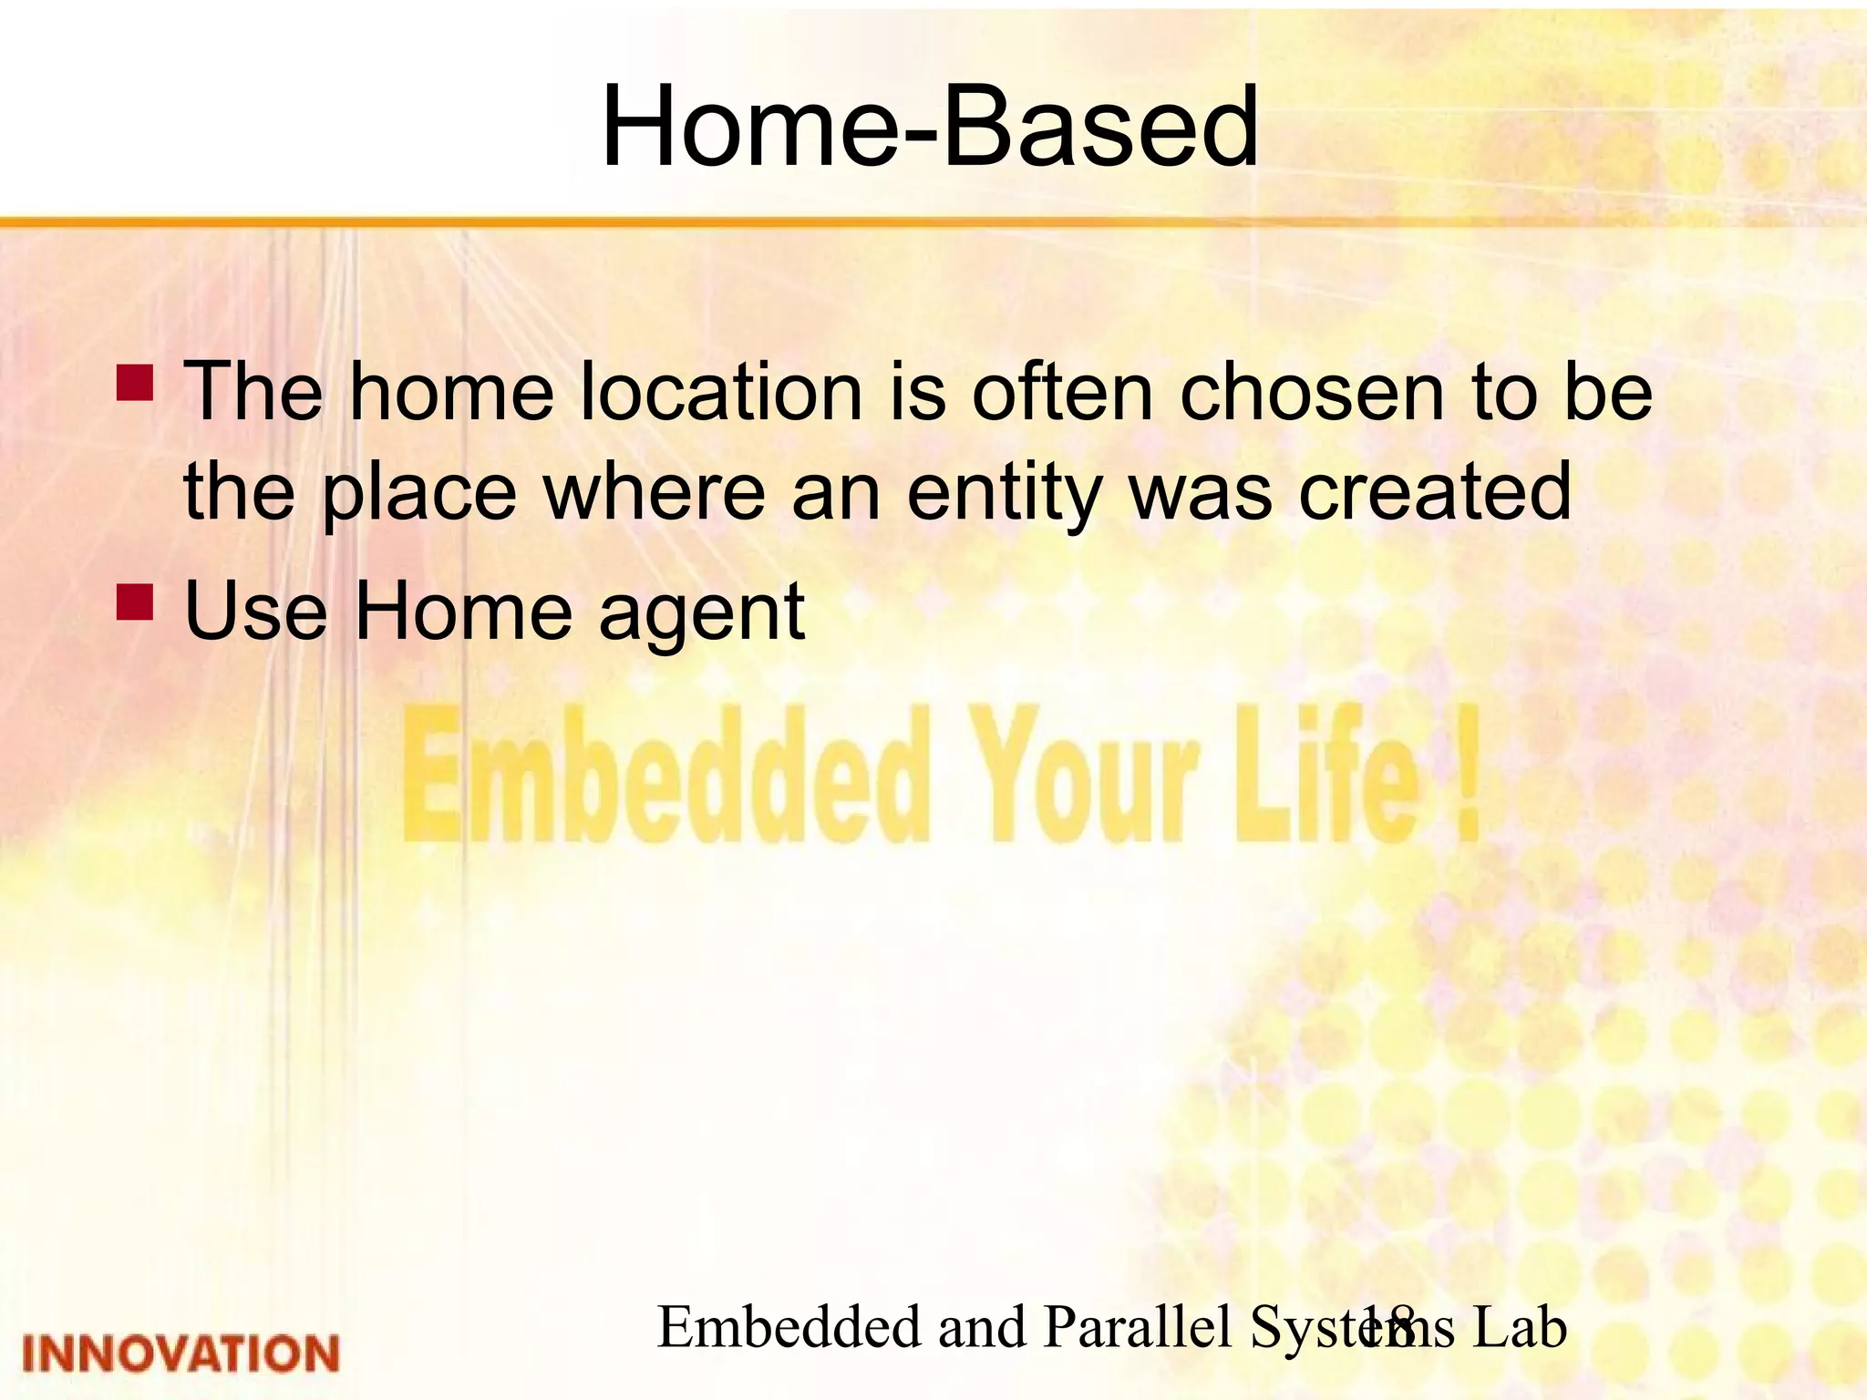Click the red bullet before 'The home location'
coord(135,384)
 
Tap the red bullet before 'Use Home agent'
coord(135,602)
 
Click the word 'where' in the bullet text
coord(655,492)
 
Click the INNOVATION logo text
coord(181,1354)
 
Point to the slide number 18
coord(1387,1327)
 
